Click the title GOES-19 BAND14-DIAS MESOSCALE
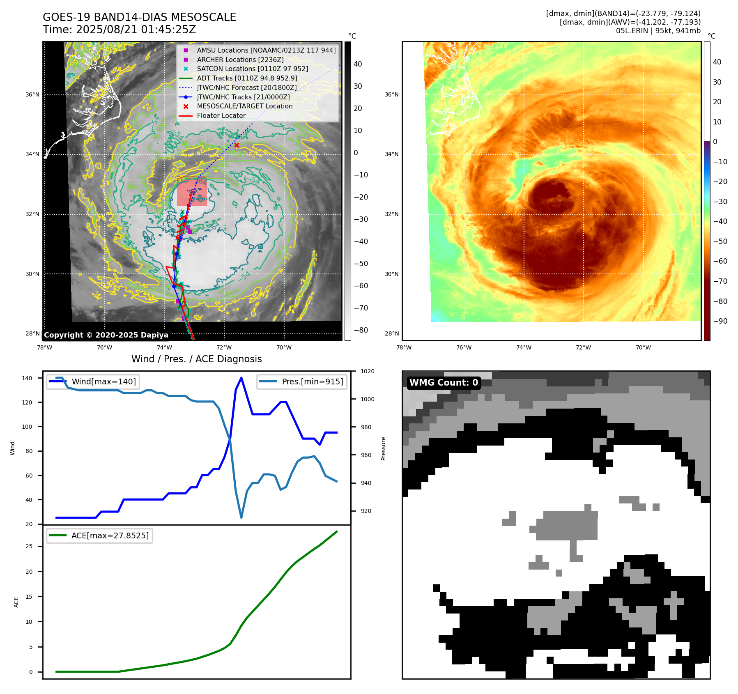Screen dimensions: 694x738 coord(139,17)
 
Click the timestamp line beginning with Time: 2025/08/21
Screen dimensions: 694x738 coord(119,30)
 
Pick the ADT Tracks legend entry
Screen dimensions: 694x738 coord(247,78)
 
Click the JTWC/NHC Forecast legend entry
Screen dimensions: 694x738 coord(246,87)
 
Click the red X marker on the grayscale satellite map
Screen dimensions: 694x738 coord(237,145)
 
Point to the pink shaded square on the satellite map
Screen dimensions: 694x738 coord(192,192)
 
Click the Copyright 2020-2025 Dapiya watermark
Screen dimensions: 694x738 coord(106,335)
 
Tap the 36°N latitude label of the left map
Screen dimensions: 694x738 coord(32,94)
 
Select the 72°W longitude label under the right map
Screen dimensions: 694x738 coord(583,347)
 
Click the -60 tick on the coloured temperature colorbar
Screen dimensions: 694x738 coord(720,261)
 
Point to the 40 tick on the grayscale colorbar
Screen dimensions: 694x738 coord(358,64)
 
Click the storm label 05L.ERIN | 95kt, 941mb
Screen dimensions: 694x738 coord(658,31)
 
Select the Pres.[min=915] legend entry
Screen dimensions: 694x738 coord(312,381)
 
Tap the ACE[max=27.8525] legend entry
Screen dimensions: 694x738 coord(110,535)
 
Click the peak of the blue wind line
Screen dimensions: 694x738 coord(241,378)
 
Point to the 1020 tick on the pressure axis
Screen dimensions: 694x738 coord(367,371)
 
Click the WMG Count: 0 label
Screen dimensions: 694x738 coord(444,383)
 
